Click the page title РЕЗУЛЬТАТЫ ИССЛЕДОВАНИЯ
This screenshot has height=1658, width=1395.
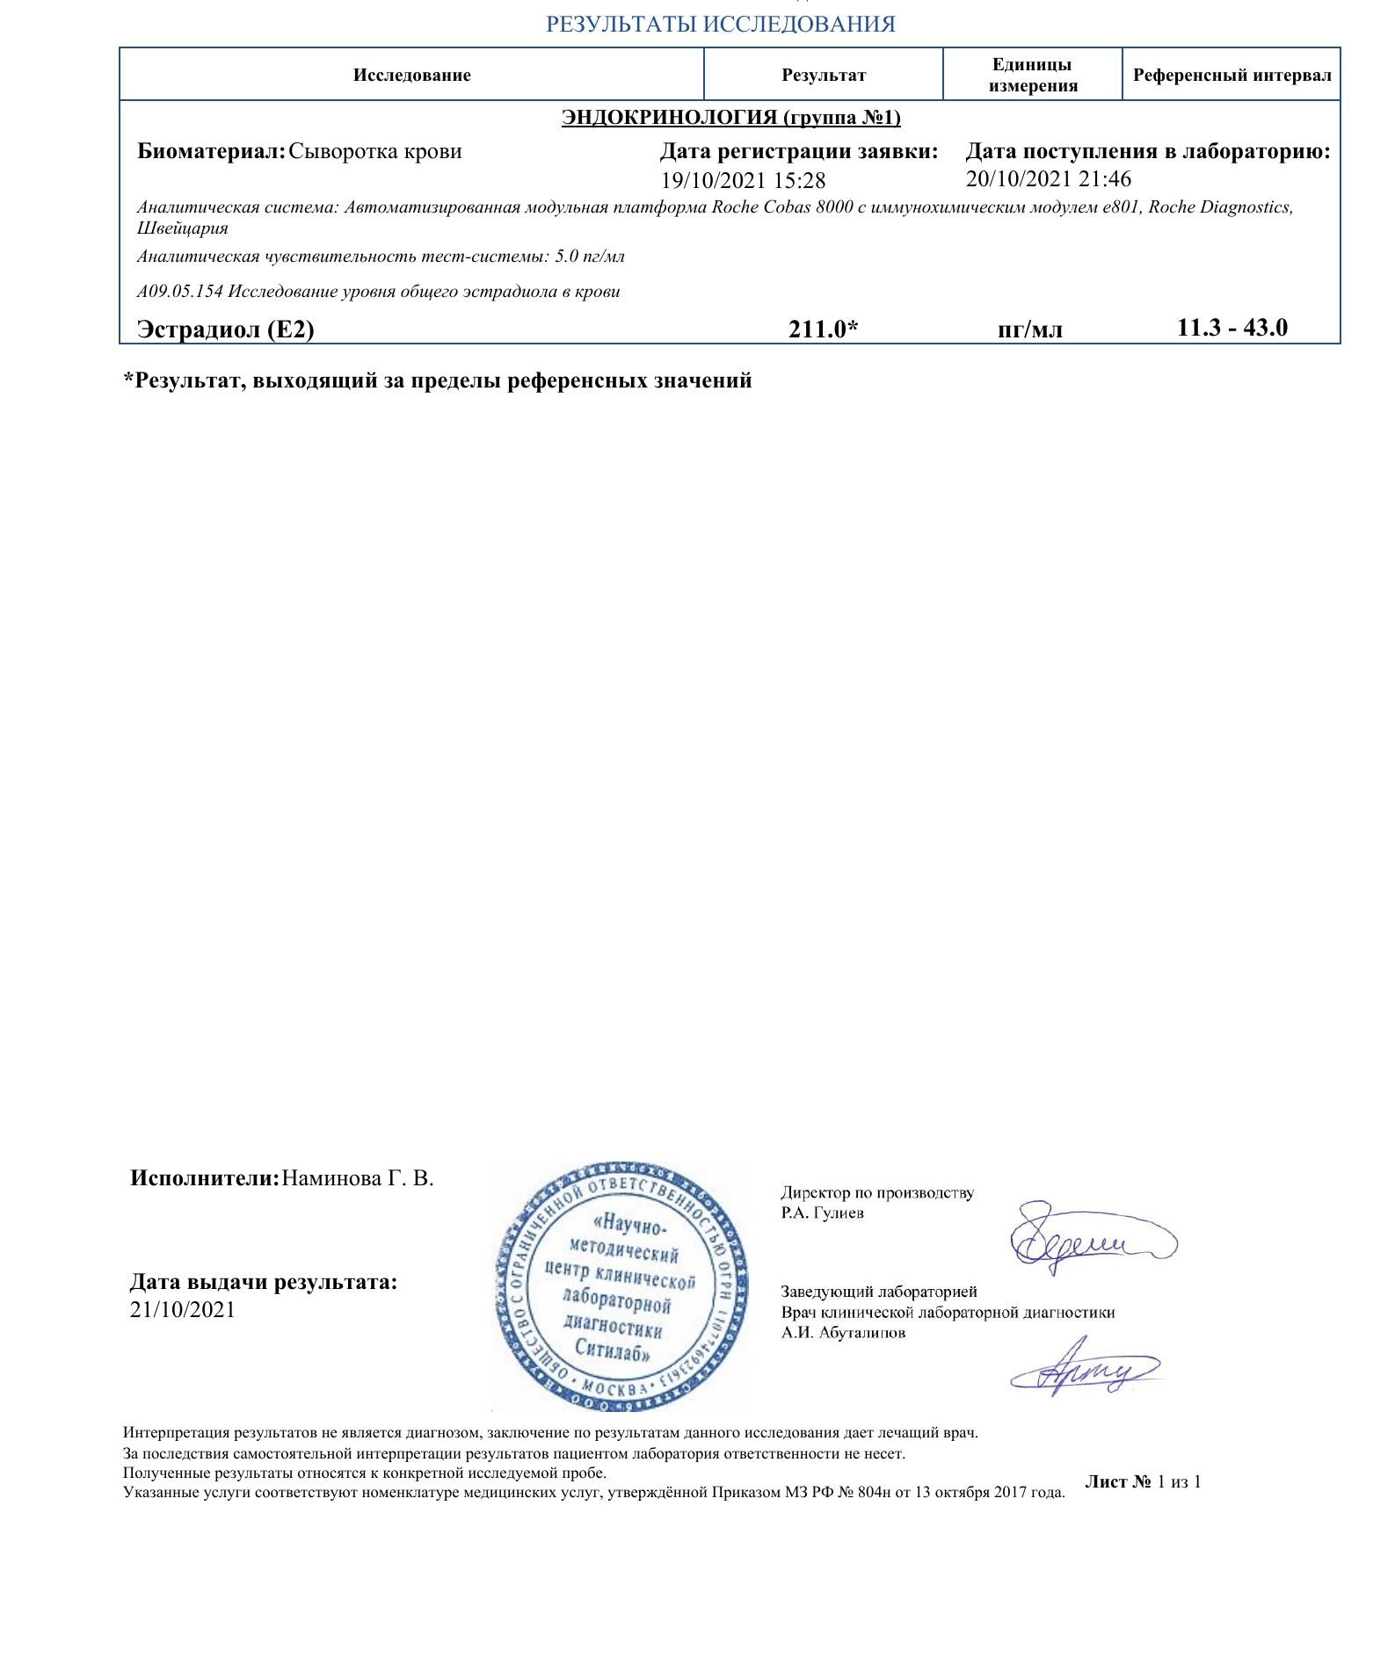click(x=720, y=25)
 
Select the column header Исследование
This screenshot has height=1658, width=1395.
click(x=411, y=76)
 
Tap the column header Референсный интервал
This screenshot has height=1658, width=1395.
click(x=1232, y=76)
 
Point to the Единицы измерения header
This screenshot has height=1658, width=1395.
click(x=1032, y=76)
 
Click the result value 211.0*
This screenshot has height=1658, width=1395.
click(x=823, y=329)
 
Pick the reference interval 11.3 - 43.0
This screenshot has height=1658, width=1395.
click(x=1232, y=329)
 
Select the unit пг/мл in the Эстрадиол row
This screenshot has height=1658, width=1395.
click(x=1030, y=330)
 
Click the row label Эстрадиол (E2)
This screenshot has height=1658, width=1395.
click(x=226, y=330)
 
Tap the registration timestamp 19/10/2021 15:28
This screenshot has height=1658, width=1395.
click(x=743, y=181)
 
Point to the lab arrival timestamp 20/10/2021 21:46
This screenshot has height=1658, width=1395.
click(x=1048, y=179)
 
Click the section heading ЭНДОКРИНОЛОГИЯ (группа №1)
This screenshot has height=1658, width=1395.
click(x=730, y=118)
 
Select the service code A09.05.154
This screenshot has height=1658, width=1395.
click(x=180, y=292)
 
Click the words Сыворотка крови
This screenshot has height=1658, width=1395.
click(x=375, y=151)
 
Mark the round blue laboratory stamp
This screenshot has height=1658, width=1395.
click(x=621, y=1287)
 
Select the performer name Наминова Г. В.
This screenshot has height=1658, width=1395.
click(x=358, y=1178)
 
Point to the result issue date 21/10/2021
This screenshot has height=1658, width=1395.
click(x=183, y=1310)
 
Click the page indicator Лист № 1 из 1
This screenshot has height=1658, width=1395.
click(x=1143, y=1482)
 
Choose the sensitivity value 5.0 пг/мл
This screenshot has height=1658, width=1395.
click(x=590, y=257)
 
